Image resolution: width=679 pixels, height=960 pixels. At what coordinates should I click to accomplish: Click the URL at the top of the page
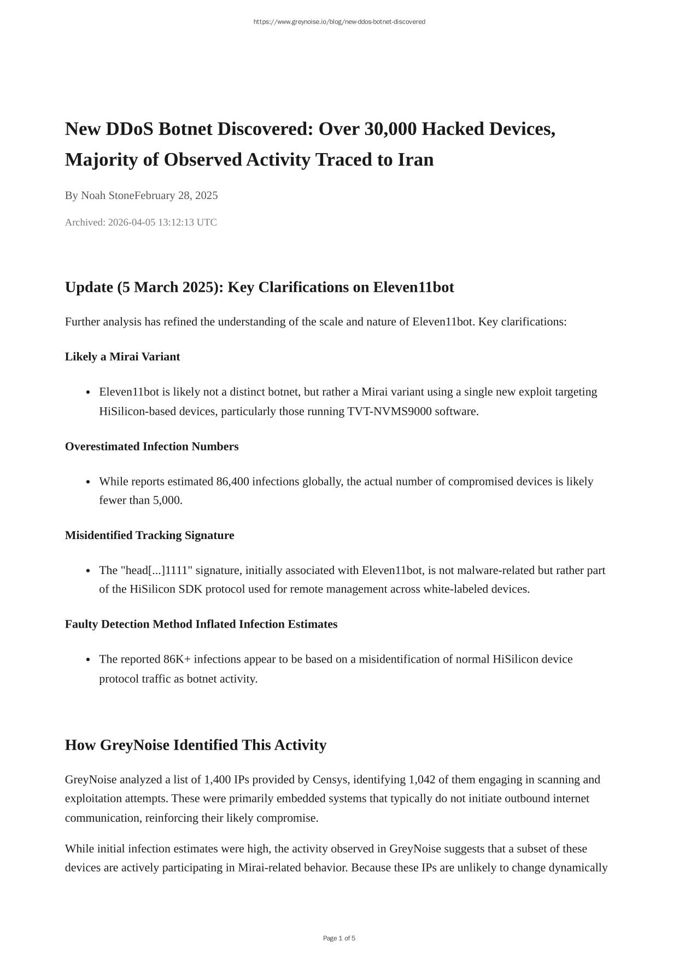[339, 22]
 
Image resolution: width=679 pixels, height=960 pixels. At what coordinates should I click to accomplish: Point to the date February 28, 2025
[177, 196]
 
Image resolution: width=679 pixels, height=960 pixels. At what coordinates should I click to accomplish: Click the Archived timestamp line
[141, 223]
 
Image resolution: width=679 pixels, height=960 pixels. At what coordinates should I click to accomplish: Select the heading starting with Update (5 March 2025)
[259, 288]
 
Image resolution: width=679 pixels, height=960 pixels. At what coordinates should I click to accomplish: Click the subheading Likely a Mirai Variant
[122, 357]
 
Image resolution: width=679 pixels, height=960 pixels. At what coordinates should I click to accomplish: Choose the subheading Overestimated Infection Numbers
[151, 447]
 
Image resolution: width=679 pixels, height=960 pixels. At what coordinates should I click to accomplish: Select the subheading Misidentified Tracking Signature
[149, 536]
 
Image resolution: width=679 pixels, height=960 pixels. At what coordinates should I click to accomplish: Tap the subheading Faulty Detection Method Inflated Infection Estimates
[201, 624]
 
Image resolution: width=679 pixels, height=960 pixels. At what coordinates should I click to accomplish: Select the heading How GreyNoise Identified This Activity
[196, 745]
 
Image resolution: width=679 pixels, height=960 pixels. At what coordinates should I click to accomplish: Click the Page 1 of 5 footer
[339, 939]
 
